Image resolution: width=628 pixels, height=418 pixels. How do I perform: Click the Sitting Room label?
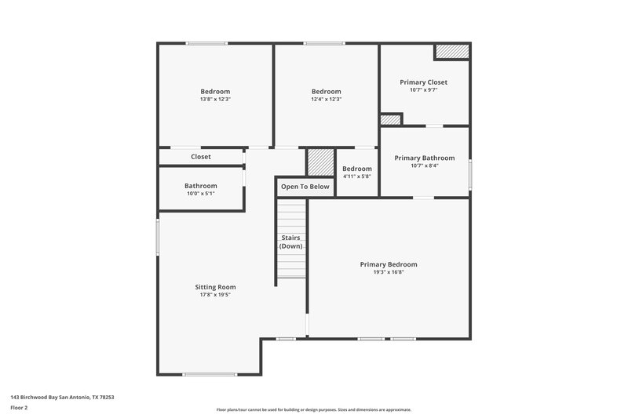pos(215,287)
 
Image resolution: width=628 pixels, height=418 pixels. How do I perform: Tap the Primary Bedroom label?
pos(389,264)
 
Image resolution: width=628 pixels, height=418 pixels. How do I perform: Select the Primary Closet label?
pos(423,82)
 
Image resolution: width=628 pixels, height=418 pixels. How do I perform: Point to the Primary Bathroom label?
pos(424,158)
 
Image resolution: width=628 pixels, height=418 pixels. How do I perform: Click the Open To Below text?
pos(305,187)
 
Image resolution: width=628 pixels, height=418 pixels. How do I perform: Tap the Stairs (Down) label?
pos(290,242)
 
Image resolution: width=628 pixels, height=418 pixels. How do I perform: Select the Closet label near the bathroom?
pos(201,157)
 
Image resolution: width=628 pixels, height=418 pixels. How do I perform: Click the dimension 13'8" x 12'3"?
pos(215,100)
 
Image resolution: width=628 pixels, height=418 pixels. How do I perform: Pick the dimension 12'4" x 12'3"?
pos(326,100)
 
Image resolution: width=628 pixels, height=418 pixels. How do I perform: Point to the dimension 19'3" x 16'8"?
pos(389,272)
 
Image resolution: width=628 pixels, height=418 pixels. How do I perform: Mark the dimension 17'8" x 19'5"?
pos(215,295)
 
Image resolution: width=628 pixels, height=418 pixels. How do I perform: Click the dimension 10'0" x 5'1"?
pos(200,194)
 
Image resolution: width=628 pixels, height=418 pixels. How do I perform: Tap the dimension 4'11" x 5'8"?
pos(356,176)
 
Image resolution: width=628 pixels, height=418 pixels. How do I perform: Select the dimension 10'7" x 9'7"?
pos(423,89)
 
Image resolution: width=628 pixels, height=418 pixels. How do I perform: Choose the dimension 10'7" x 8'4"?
pos(424,165)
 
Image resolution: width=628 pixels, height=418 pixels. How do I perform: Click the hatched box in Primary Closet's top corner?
pos(452,51)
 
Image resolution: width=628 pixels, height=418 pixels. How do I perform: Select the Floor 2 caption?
pos(20,408)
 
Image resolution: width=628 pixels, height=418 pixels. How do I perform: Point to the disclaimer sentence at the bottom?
pos(313,409)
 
